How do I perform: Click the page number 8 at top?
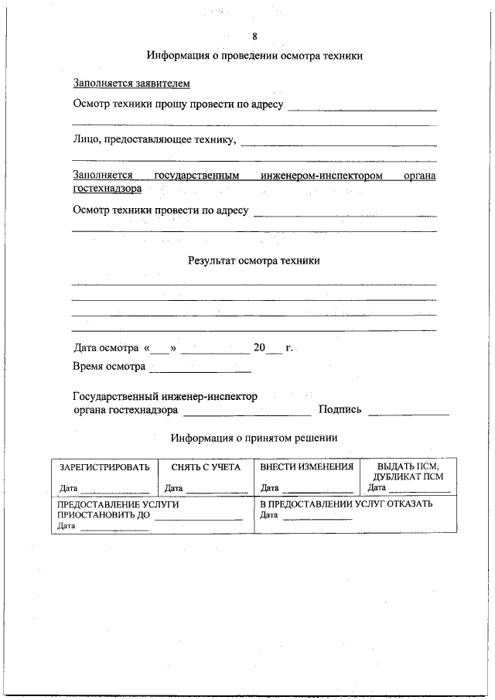[254, 36]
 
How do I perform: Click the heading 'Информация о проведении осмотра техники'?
[254, 56]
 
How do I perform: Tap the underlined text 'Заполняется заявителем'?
[131, 84]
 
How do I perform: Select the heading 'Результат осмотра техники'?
[254, 261]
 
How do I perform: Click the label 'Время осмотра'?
[109, 367]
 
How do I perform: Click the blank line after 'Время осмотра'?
[200, 370]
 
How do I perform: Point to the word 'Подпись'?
[340, 410]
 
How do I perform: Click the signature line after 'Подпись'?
[408, 414]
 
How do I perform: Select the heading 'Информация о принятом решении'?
[254, 438]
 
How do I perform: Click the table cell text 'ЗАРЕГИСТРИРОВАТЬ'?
[104, 467]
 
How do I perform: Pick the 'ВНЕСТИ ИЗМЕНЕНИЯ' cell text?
[306, 467]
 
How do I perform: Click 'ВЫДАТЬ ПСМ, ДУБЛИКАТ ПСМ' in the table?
[407, 472]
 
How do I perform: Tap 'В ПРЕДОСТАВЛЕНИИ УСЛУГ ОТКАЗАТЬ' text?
[346, 504]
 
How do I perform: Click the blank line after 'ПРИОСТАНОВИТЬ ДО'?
[198, 518]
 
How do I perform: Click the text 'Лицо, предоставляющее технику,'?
[155, 140]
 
